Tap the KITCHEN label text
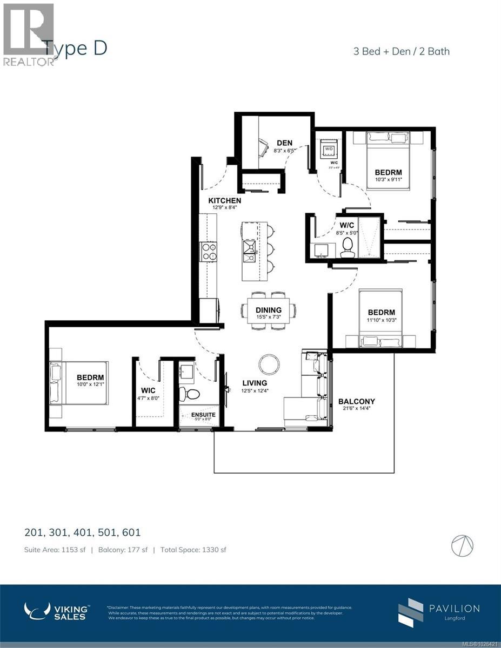click(225, 201)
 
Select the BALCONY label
click(356, 401)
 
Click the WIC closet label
click(149, 389)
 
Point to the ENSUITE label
click(203, 415)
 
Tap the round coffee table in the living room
click(269, 364)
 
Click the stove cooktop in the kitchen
click(209, 251)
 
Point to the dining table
click(269, 310)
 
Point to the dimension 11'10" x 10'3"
click(381, 321)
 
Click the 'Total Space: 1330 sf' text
click(193, 550)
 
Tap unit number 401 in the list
click(83, 532)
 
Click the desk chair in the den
click(263, 146)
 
